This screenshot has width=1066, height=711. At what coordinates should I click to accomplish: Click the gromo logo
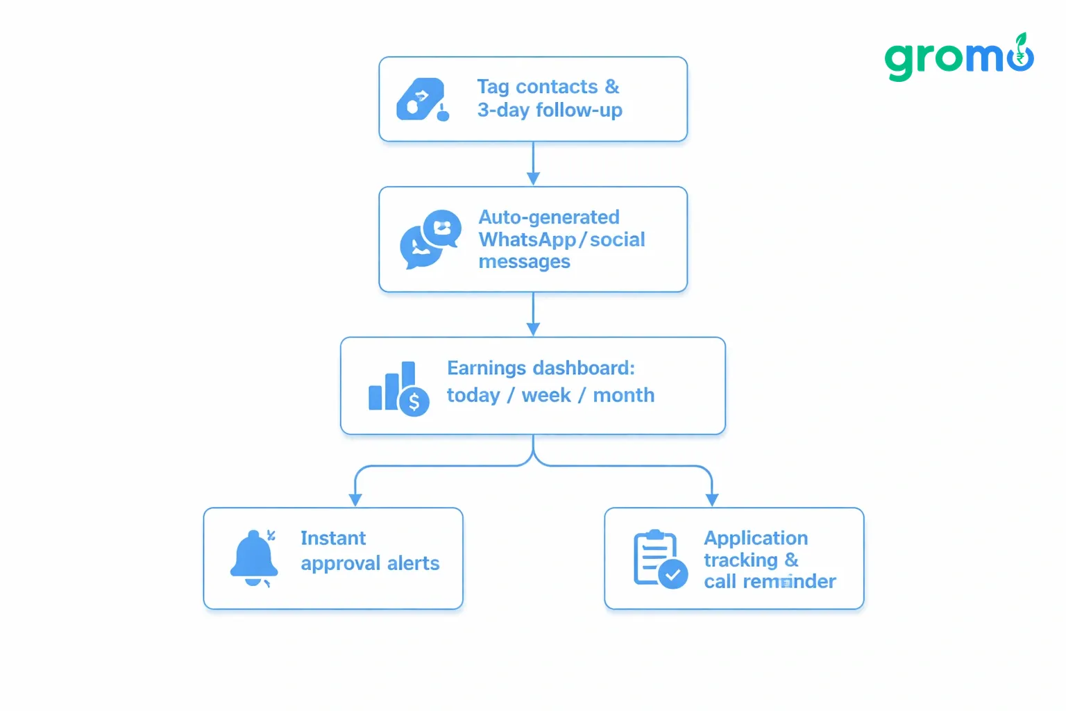pyautogui.click(x=959, y=57)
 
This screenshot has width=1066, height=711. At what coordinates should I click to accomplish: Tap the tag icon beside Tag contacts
pyautogui.click(x=423, y=99)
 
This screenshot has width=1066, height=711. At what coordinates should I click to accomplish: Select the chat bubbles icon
pyautogui.click(x=430, y=239)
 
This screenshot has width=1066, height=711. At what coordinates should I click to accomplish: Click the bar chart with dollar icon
pyautogui.click(x=399, y=389)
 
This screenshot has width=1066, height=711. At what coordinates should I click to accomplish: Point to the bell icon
pyautogui.click(x=253, y=558)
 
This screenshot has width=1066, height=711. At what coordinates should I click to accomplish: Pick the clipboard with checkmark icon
pyautogui.click(x=661, y=559)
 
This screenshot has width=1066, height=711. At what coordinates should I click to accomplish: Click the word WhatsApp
pyautogui.click(x=527, y=240)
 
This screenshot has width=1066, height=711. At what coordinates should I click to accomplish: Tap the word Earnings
pyautogui.click(x=487, y=369)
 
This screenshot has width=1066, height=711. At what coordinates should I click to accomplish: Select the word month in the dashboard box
pyautogui.click(x=623, y=395)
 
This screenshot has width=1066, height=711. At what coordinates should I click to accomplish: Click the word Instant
pyautogui.click(x=333, y=538)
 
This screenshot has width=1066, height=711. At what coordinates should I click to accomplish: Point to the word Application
pyautogui.click(x=756, y=539)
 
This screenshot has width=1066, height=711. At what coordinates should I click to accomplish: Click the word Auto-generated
pyautogui.click(x=549, y=217)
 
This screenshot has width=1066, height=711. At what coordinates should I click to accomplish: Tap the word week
pyautogui.click(x=546, y=395)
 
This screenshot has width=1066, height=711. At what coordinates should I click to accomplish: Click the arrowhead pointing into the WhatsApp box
pyautogui.click(x=533, y=178)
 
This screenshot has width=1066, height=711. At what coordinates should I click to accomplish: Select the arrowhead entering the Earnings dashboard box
pyautogui.click(x=533, y=329)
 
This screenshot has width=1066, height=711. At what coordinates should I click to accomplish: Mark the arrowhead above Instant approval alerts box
pyautogui.click(x=355, y=499)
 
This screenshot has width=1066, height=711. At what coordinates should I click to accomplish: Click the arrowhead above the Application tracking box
pyautogui.click(x=712, y=499)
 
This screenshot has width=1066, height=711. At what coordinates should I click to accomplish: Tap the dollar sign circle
pyautogui.click(x=414, y=402)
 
